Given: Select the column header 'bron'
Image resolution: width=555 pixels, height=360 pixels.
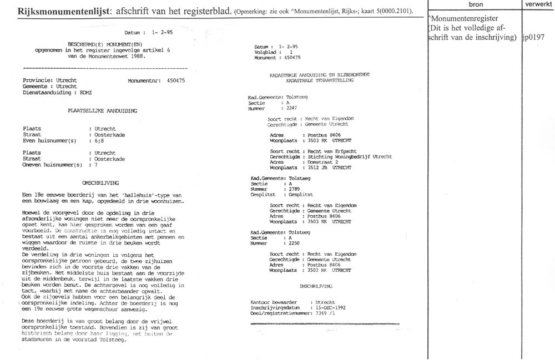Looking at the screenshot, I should click(x=476, y=4).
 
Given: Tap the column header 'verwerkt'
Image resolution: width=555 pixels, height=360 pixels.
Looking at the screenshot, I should click(x=538, y=4).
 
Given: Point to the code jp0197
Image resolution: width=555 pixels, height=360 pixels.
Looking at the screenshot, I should click(x=534, y=37).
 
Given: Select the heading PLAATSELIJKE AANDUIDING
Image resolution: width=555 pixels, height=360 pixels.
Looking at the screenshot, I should click(x=102, y=110).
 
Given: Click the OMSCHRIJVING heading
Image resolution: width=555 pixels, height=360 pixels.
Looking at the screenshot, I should click(x=101, y=182).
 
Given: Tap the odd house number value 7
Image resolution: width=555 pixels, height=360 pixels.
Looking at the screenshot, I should click(x=96, y=165).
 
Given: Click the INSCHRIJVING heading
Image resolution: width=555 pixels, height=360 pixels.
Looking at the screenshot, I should click(x=316, y=286).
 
